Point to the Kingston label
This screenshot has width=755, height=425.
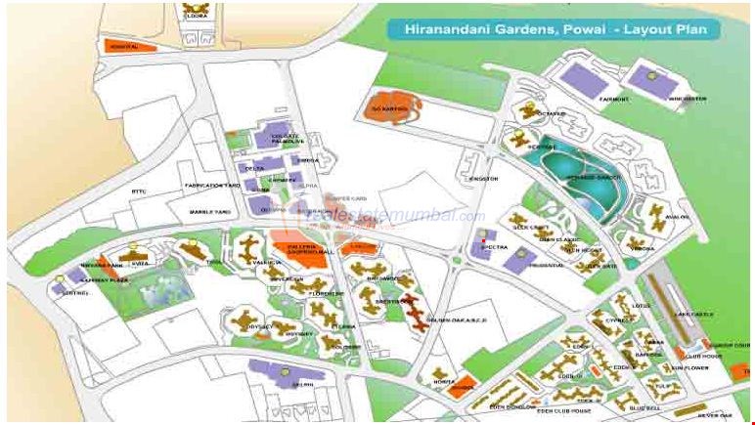pyautogui.click(x=484, y=179)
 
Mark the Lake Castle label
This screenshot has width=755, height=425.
pyautogui.click(x=695, y=314)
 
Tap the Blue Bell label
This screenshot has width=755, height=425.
pyautogui.click(x=644, y=407)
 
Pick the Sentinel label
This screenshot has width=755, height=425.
pyautogui.click(x=74, y=292)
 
